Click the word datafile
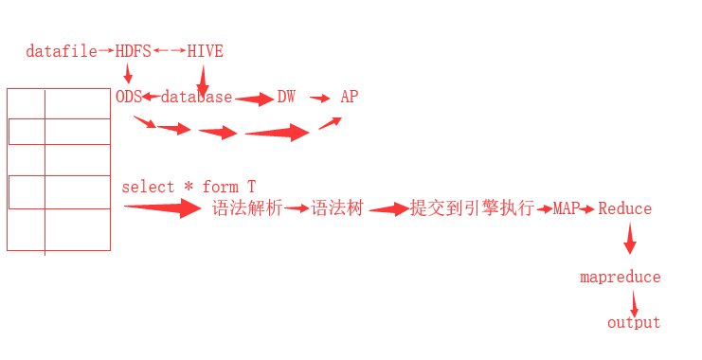pos(62,51)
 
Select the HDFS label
pos(133,51)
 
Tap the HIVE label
pos(205,51)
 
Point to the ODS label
pos(128,97)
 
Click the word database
pos(196,97)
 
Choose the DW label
pos(286,97)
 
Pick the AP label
pos(350,97)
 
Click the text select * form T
pos(189,187)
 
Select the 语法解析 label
pos(247,208)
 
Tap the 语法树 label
pos(337,208)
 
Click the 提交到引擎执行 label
pos(472,208)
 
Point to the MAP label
pos(567,208)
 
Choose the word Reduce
pos(624,208)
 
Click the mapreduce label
pos(621,277)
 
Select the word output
pos(634,322)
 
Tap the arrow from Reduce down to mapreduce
pos(629,240)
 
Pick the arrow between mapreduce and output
pos(634,303)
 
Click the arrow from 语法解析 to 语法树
pos(297,208)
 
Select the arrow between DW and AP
pos(320,98)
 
